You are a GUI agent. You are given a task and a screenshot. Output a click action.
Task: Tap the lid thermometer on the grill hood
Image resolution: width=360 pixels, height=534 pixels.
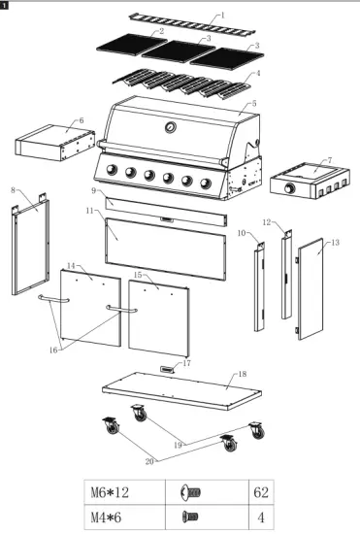(x=171, y=129)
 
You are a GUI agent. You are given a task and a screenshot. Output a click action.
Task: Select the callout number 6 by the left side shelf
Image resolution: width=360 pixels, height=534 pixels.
(x=81, y=120)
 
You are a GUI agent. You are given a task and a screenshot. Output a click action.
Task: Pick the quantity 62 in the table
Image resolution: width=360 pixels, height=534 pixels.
(x=259, y=492)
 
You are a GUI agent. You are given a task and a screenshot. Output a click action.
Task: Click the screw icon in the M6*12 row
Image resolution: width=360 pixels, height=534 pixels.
(x=191, y=492)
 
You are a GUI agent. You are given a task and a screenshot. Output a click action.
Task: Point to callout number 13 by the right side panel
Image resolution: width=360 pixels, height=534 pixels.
(x=336, y=242)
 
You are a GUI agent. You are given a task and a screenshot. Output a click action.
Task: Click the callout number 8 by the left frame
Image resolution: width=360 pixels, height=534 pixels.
(x=13, y=189)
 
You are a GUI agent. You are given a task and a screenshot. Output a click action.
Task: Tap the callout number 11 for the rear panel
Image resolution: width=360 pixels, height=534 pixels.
(x=88, y=210)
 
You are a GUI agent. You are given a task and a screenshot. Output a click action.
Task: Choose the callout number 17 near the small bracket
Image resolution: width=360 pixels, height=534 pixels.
(x=187, y=362)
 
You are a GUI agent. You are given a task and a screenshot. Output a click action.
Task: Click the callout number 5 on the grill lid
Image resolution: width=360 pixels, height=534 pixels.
(x=253, y=102)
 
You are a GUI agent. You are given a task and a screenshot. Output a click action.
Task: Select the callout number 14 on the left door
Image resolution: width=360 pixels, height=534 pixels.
(x=72, y=264)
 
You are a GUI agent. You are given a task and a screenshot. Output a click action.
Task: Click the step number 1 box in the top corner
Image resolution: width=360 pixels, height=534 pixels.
(x=6, y=6)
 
